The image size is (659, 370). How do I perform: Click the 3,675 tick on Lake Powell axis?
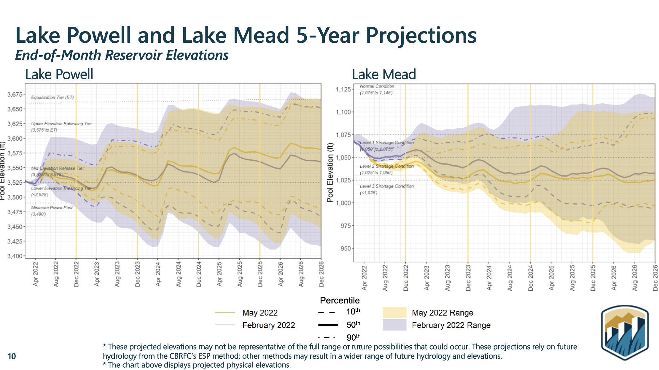15,94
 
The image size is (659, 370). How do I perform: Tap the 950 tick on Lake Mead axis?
346,248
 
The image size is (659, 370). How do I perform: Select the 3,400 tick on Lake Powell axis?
15,256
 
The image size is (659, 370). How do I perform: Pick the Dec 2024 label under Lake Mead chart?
531,278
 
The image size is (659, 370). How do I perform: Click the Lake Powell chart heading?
59,74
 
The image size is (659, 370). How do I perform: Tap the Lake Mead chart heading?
384,74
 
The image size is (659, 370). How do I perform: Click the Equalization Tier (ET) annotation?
52,97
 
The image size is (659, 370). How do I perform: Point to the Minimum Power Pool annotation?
52,208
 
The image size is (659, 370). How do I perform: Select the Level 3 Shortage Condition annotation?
386,186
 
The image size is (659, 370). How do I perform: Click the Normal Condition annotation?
377,86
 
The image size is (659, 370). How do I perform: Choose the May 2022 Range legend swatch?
394,312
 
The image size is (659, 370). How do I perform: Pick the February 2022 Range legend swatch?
394,325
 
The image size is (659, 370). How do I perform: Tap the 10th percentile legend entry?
353,312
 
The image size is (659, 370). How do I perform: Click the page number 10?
12,356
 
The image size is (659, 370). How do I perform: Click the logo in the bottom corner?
625,333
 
